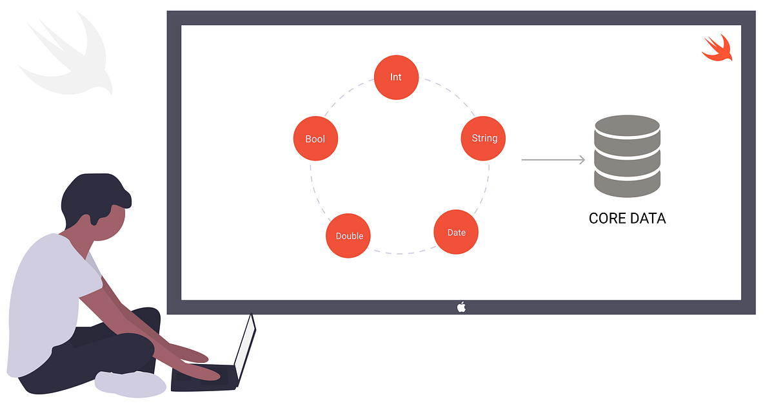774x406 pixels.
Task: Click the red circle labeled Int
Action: (396, 77)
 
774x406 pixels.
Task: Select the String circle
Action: (484, 138)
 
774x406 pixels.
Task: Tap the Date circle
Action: (456, 232)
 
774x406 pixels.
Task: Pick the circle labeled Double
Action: (349, 236)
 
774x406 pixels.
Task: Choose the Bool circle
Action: (315, 139)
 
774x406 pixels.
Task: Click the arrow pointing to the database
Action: (553, 159)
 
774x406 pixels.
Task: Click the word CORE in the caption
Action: (607, 218)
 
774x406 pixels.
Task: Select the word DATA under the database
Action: (647, 218)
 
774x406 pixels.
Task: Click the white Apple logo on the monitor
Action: (461, 307)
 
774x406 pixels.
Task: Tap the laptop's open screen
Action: (244, 348)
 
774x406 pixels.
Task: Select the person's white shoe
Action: (129, 384)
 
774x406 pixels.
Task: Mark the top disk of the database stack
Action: (627, 126)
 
